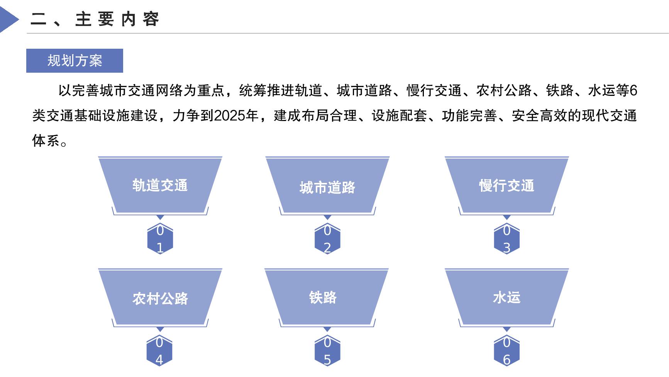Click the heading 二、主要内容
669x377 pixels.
(x=95, y=19)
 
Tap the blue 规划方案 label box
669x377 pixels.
(x=75, y=61)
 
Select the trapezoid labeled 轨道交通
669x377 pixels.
(x=160, y=185)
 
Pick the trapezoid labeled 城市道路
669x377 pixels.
(x=327, y=185)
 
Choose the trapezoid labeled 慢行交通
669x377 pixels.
(x=507, y=185)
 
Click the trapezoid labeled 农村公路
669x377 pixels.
(x=160, y=297)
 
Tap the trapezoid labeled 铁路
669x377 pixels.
(x=327, y=297)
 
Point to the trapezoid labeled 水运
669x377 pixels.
(x=507, y=297)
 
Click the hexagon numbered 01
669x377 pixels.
(x=160, y=239)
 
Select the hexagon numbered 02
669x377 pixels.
(x=327, y=239)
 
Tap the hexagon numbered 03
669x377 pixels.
(x=507, y=239)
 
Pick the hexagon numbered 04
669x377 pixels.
(x=159, y=351)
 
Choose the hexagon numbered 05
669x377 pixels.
(x=327, y=351)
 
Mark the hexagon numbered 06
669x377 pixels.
(x=507, y=351)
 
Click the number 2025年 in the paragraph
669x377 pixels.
(x=236, y=116)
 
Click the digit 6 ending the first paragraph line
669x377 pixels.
(x=633, y=91)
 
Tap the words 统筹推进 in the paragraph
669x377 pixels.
(x=267, y=91)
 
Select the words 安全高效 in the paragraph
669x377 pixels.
(x=539, y=116)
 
